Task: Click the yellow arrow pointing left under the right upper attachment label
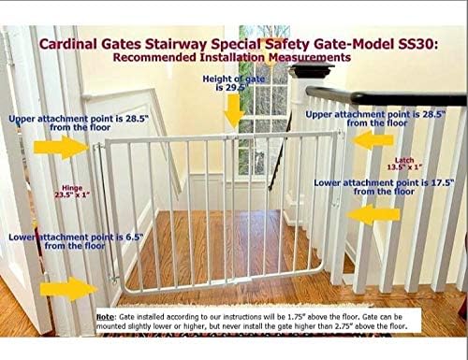pos(373,140)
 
